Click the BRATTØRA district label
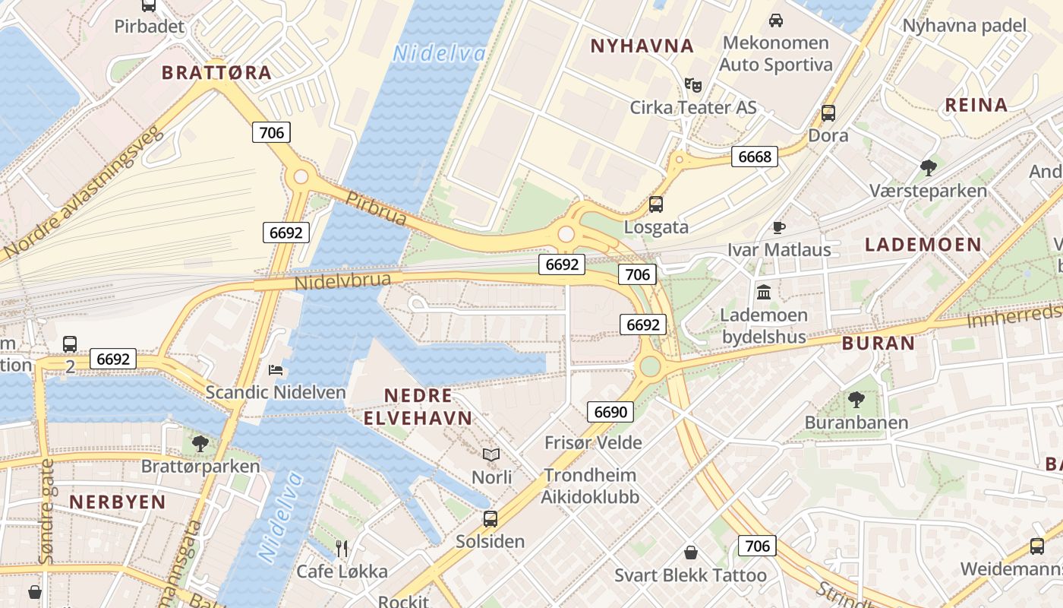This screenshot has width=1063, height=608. (x=216, y=73)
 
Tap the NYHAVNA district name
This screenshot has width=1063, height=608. (x=642, y=46)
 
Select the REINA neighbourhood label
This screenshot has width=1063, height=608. (x=976, y=105)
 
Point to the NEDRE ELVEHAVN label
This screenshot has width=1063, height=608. (x=418, y=407)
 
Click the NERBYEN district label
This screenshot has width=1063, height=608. (x=118, y=502)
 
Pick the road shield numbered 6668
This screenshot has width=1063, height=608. (x=755, y=157)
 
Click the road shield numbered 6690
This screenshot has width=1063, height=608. (x=610, y=413)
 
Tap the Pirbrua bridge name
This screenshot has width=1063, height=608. (x=376, y=208)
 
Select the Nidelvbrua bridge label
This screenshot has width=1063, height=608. (x=342, y=281)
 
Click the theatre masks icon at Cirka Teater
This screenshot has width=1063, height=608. (x=692, y=84)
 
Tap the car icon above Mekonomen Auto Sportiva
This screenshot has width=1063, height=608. (x=776, y=20)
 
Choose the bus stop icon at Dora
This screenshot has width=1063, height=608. (x=828, y=113)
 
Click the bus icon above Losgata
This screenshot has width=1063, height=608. (x=656, y=204)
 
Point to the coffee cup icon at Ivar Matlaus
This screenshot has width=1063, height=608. (x=779, y=226)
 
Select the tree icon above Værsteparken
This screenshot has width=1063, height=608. (x=928, y=167)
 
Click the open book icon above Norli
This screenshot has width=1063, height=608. (x=491, y=454)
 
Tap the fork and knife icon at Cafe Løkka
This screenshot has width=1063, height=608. (x=342, y=548)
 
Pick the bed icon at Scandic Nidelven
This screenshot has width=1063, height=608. (x=276, y=370)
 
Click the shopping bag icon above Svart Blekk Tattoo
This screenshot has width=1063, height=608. (x=691, y=552)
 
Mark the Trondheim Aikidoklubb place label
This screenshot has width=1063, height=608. (x=590, y=486)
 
